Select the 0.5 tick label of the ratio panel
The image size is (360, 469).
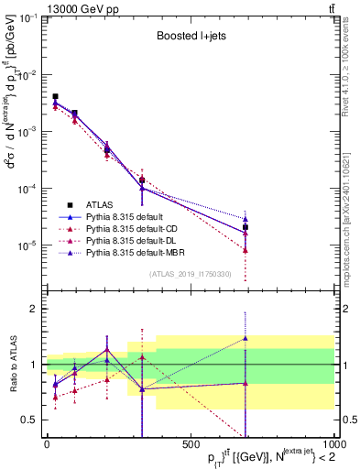pyautogui.click(x=30, y=420)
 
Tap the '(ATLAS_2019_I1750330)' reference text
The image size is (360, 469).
pyautogui.click(x=189, y=274)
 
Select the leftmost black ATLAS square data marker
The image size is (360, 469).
pyautogui.click(x=55, y=96)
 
